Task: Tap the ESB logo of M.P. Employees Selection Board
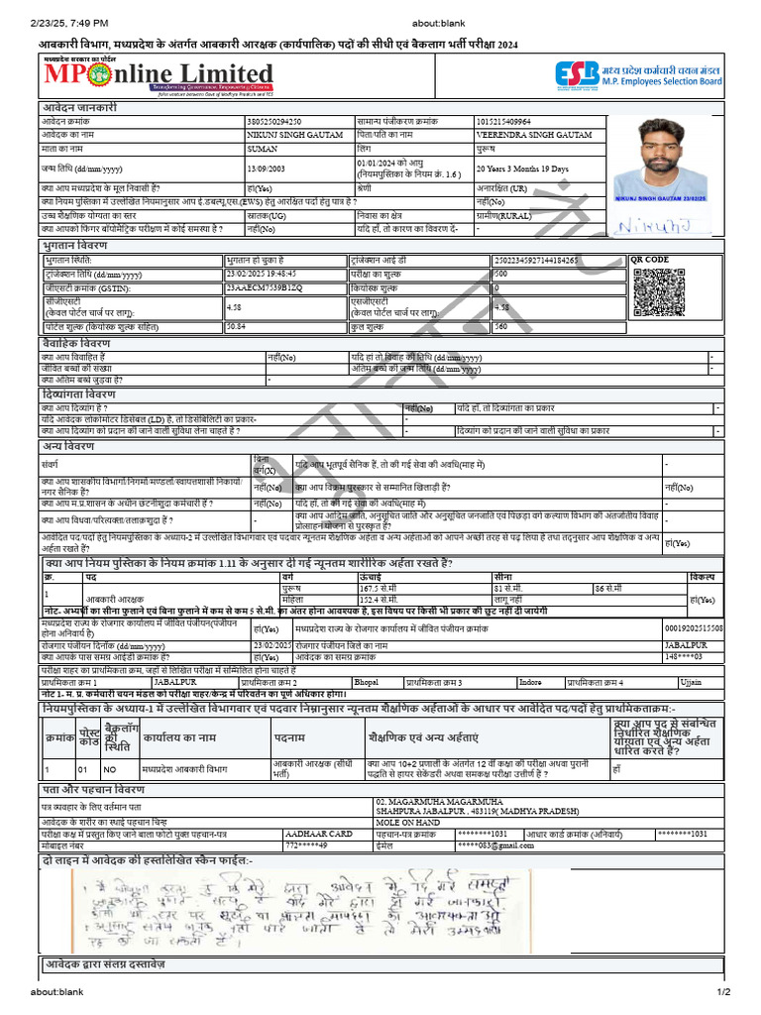(574, 74)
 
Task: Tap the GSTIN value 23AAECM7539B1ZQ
(261, 288)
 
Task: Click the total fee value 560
(501, 325)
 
